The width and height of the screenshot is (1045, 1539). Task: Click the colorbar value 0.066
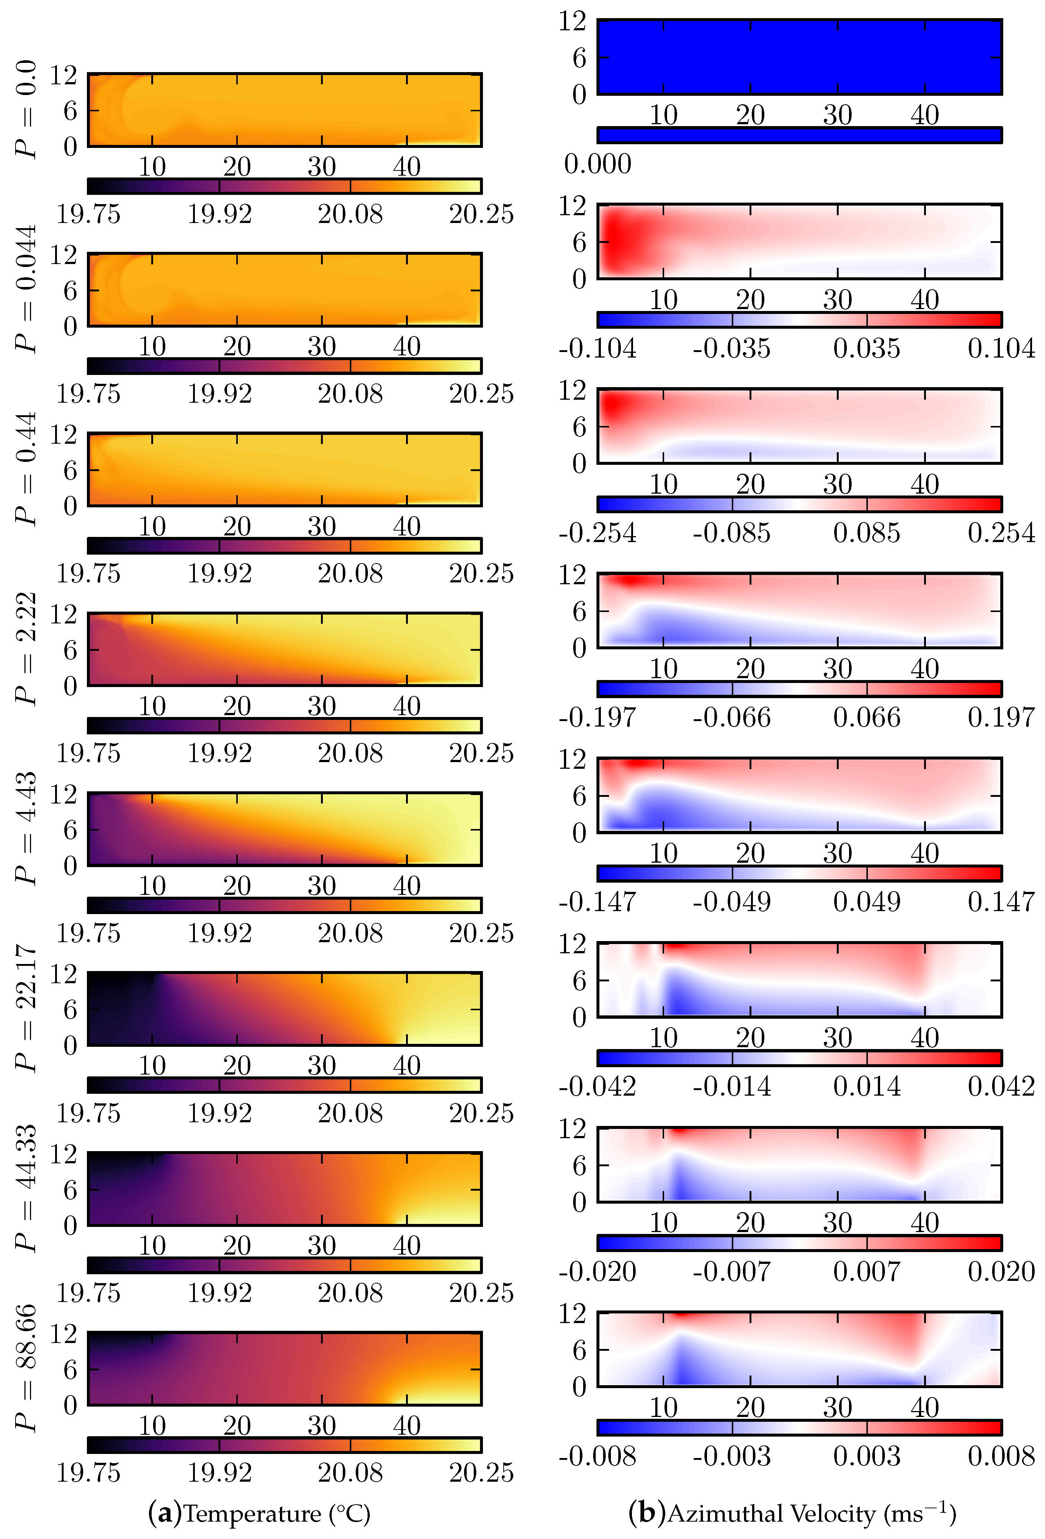tap(866, 718)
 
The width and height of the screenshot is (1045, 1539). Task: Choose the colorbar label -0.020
tap(597, 1271)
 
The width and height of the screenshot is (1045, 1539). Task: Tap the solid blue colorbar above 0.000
tap(799, 135)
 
